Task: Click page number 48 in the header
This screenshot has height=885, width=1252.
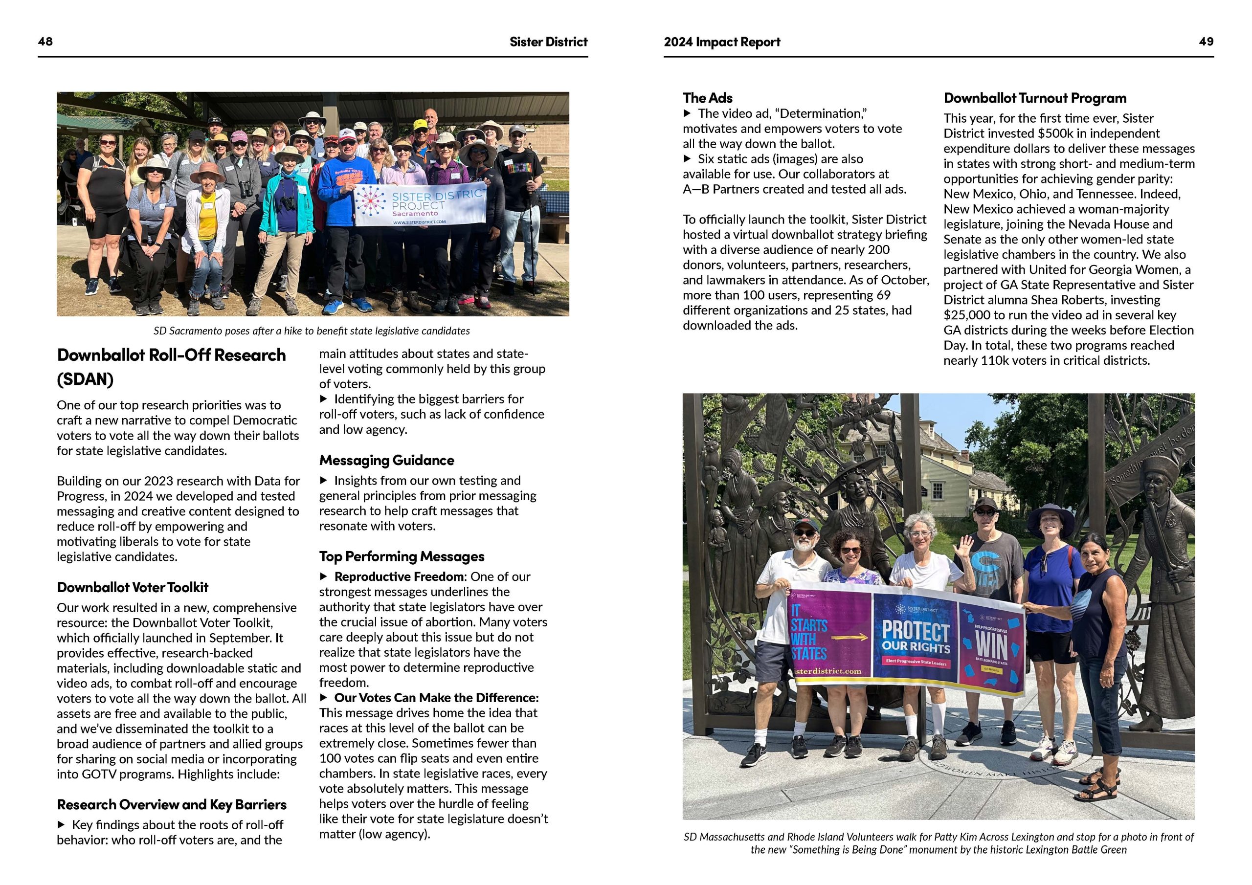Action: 45,42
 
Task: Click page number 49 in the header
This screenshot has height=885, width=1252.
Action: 1206,42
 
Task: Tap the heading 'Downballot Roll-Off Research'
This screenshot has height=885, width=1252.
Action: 171,355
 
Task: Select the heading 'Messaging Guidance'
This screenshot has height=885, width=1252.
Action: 387,460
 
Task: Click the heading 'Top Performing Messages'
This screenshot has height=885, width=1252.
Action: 402,556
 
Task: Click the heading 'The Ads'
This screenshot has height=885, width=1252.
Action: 707,98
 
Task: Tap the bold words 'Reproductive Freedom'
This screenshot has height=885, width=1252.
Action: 399,576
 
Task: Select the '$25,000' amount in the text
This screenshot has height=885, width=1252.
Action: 967,315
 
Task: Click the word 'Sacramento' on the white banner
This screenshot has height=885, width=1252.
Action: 415,214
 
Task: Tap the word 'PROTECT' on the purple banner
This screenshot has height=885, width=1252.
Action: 916,631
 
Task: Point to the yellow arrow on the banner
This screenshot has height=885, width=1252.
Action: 849,637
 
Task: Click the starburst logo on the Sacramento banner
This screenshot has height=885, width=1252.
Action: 370,200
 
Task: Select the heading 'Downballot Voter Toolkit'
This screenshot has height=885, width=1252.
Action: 133,587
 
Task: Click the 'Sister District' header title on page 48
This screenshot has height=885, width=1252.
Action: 548,42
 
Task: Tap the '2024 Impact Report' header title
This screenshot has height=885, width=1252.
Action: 721,42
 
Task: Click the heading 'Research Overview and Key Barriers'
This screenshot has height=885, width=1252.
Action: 172,805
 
